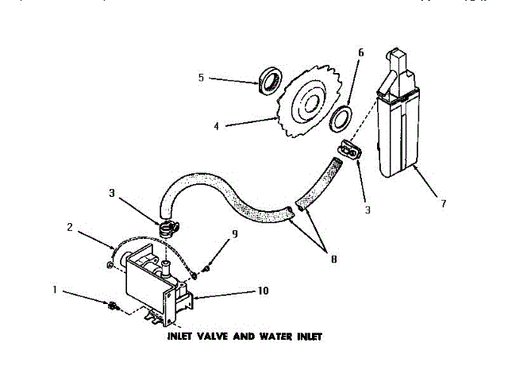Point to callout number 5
pos(201,78)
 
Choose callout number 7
pos(444,204)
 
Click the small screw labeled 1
pos(114,306)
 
